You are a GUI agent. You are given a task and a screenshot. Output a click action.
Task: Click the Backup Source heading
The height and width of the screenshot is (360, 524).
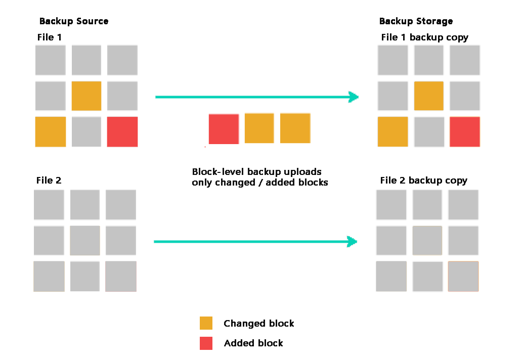coord(74,21)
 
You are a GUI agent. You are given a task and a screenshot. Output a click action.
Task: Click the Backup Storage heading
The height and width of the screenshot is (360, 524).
coord(416,21)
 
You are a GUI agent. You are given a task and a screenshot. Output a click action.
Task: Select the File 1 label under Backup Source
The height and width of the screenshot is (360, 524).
coord(50,37)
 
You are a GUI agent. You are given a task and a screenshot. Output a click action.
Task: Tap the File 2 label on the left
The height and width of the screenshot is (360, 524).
coord(49,181)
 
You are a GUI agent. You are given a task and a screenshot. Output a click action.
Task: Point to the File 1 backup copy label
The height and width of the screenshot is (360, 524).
coord(424,37)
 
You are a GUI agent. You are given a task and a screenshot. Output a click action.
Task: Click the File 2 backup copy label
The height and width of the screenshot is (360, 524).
coord(423,181)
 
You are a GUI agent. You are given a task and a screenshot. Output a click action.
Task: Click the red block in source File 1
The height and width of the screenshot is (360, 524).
coord(122,132)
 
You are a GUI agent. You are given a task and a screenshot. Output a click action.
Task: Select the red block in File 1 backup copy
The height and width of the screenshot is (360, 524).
coord(465,132)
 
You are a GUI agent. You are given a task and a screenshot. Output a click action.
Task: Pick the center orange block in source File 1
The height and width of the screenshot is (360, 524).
coord(86,96)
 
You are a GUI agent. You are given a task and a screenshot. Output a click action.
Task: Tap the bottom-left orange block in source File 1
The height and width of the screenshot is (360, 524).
coord(51,132)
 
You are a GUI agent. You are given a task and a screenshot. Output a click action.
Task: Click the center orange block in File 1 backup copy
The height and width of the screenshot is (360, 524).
coord(429,96)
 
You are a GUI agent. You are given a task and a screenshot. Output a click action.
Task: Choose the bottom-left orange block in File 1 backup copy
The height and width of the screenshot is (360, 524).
coord(393,132)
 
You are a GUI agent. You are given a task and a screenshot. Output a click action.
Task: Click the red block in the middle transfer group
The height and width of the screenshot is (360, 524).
coord(224,129)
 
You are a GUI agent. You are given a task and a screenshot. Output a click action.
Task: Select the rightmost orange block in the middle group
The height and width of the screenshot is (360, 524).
coord(295,128)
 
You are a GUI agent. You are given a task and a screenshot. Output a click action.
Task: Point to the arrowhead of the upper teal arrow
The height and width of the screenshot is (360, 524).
coord(354,97)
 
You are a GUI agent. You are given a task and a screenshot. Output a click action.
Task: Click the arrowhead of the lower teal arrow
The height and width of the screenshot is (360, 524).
coord(353,242)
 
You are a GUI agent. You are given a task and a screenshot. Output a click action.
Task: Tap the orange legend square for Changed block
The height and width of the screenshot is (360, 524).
coord(206,323)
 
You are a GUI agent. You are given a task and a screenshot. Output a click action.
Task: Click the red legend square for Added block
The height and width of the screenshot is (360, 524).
coord(206,343)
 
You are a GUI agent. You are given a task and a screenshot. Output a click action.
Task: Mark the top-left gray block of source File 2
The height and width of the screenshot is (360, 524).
coord(49,205)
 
